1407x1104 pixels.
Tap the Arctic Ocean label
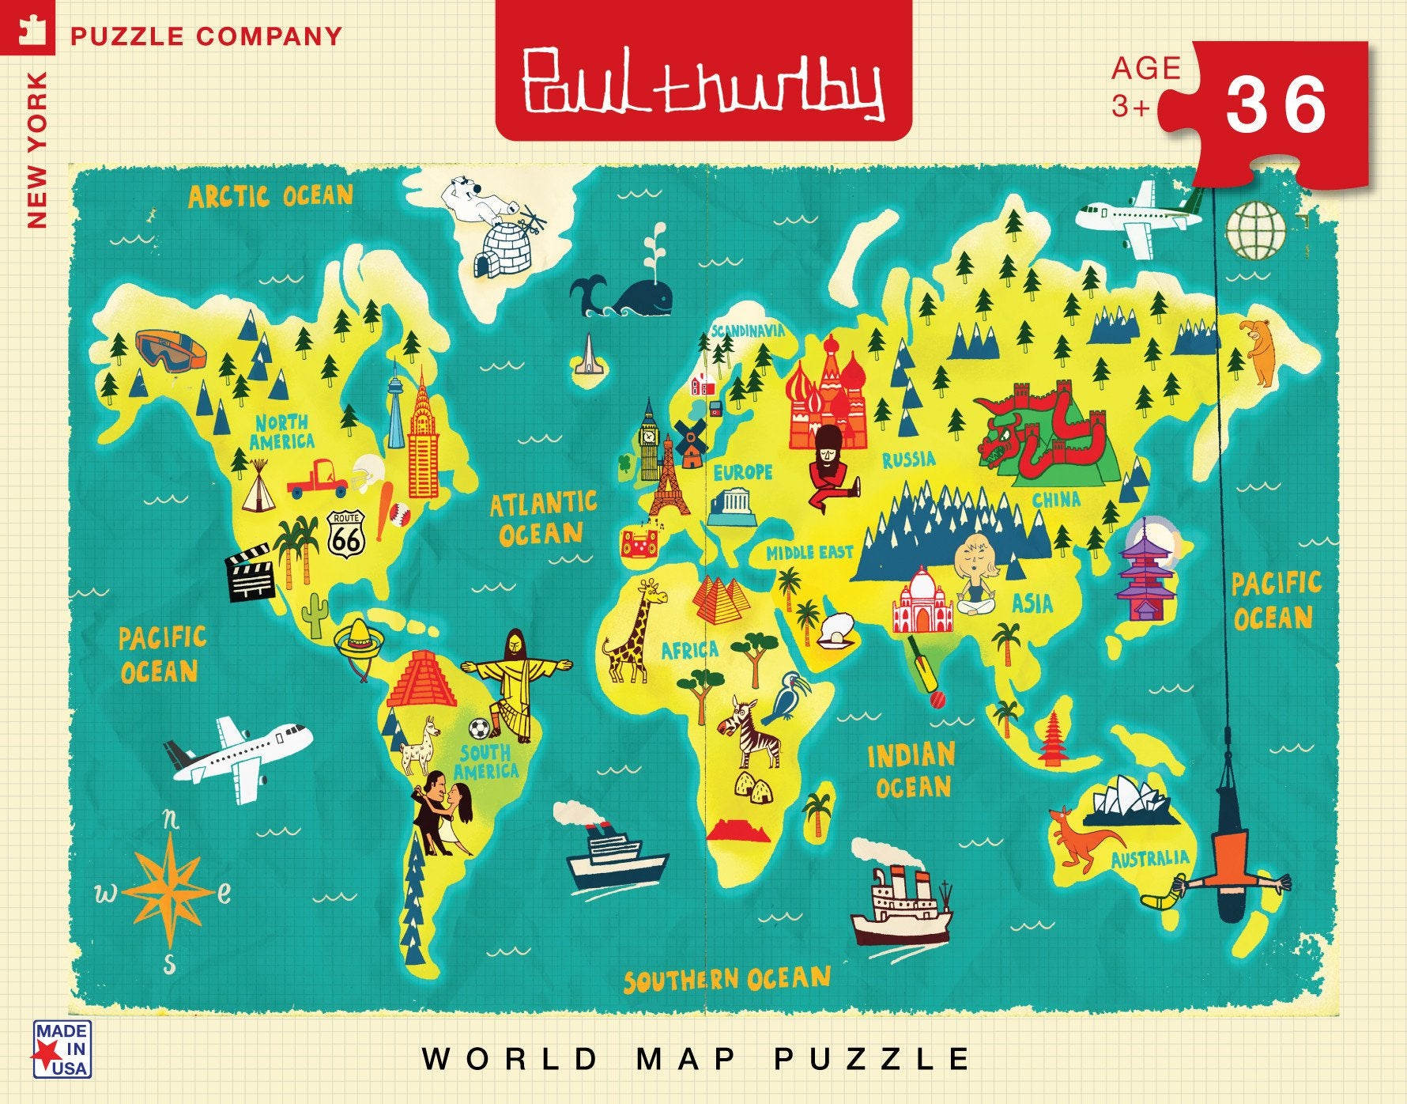click(x=270, y=196)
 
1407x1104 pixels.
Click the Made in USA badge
click(x=62, y=1049)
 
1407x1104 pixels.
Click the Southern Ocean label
click(x=727, y=981)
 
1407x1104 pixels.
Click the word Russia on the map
click(x=908, y=459)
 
